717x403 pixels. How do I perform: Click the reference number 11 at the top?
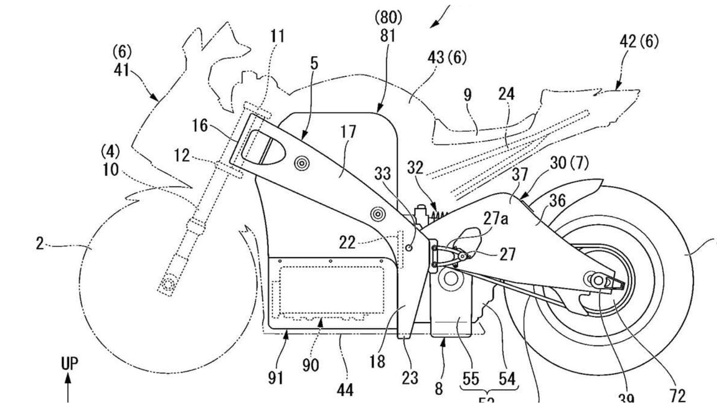[x=277, y=36]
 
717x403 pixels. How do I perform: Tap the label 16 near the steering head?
[x=200, y=126]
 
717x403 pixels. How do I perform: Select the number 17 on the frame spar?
[x=348, y=132]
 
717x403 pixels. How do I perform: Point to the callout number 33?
[x=382, y=174]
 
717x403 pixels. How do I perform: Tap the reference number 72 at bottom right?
[x=678, y=395]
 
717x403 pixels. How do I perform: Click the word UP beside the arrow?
[x=69, y=364]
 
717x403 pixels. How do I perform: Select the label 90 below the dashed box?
[x=310, y=365]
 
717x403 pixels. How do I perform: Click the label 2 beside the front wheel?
[x=40, y=245]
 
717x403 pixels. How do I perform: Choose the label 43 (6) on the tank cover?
[x=446, y=57]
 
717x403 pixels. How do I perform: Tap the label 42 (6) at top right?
[x=639, y=42]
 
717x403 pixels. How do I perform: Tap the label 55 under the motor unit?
[x=470, y=379]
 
